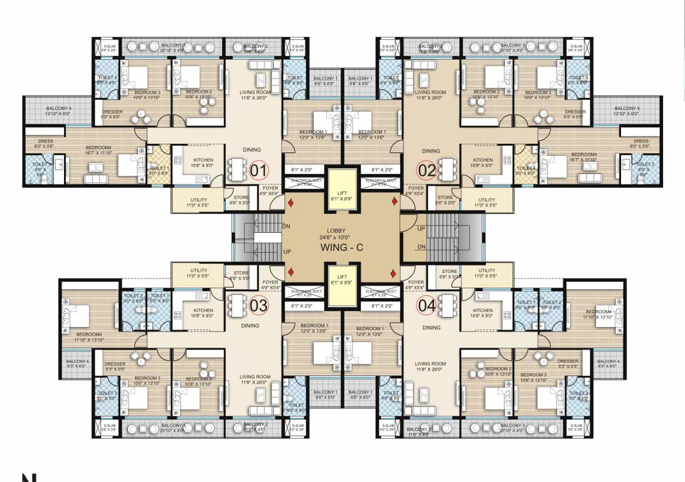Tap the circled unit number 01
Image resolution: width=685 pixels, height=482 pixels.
pyautogui.click(x=259, y=170)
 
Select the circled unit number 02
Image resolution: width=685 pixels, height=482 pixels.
pyautogui.click(x=427, y=170)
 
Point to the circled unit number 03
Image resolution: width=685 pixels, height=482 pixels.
pyautogui.click(x=259, y=306)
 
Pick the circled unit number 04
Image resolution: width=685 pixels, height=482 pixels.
pyautogui.click(x=427, y=306)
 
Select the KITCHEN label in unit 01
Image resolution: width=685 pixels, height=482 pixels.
pyautogui.click(x=203, y=160)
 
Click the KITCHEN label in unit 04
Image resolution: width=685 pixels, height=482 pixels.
pyautogui.click(x=482, y=311)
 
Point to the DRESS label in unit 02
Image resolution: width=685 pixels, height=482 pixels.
pyautogui.click(x=640, y=141)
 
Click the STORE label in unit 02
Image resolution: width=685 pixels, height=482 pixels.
pyautogui.click(x=445, y=198)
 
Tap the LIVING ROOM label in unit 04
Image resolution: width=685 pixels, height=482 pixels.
pyautogui.click(x=430, y=364)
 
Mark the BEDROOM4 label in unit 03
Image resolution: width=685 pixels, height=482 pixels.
pyautogui.click(x=89, y=335)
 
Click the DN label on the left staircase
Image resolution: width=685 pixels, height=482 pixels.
pyautogui.click(x=287, y=227)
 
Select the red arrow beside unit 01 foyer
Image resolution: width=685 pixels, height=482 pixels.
pyautogui.click(x=290, y=203)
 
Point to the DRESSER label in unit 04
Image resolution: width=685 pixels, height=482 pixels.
pyautogui.click(x=567, y=361)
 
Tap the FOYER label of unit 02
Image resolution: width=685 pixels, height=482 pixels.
pyautogui.click(x=416, y=188)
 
